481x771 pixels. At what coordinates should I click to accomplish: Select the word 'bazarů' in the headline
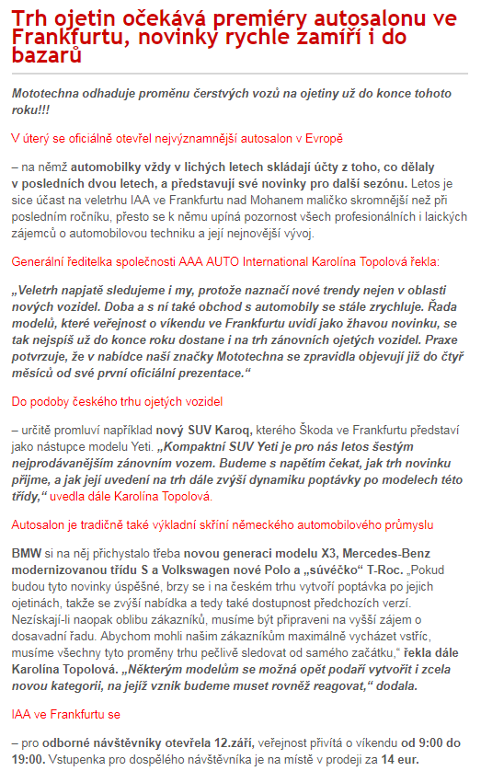tap(45, 56)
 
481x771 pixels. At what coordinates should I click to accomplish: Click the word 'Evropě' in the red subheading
tap(322, 138)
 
